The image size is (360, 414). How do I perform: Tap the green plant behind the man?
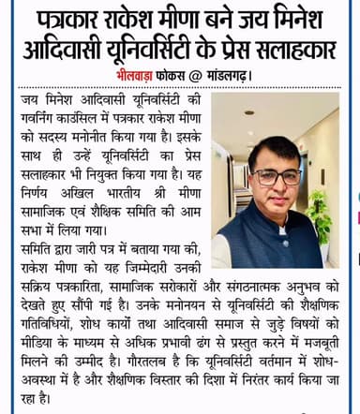[324, 225]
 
